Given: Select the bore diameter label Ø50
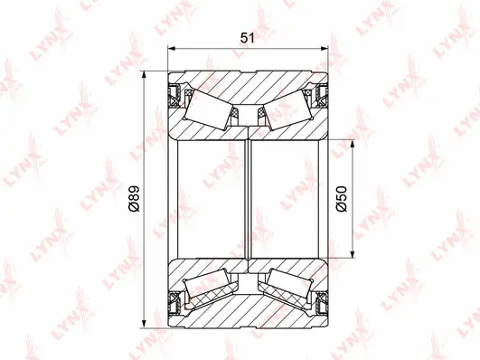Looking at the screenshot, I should coord(340,198).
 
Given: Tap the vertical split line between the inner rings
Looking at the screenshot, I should coord(248,199).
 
